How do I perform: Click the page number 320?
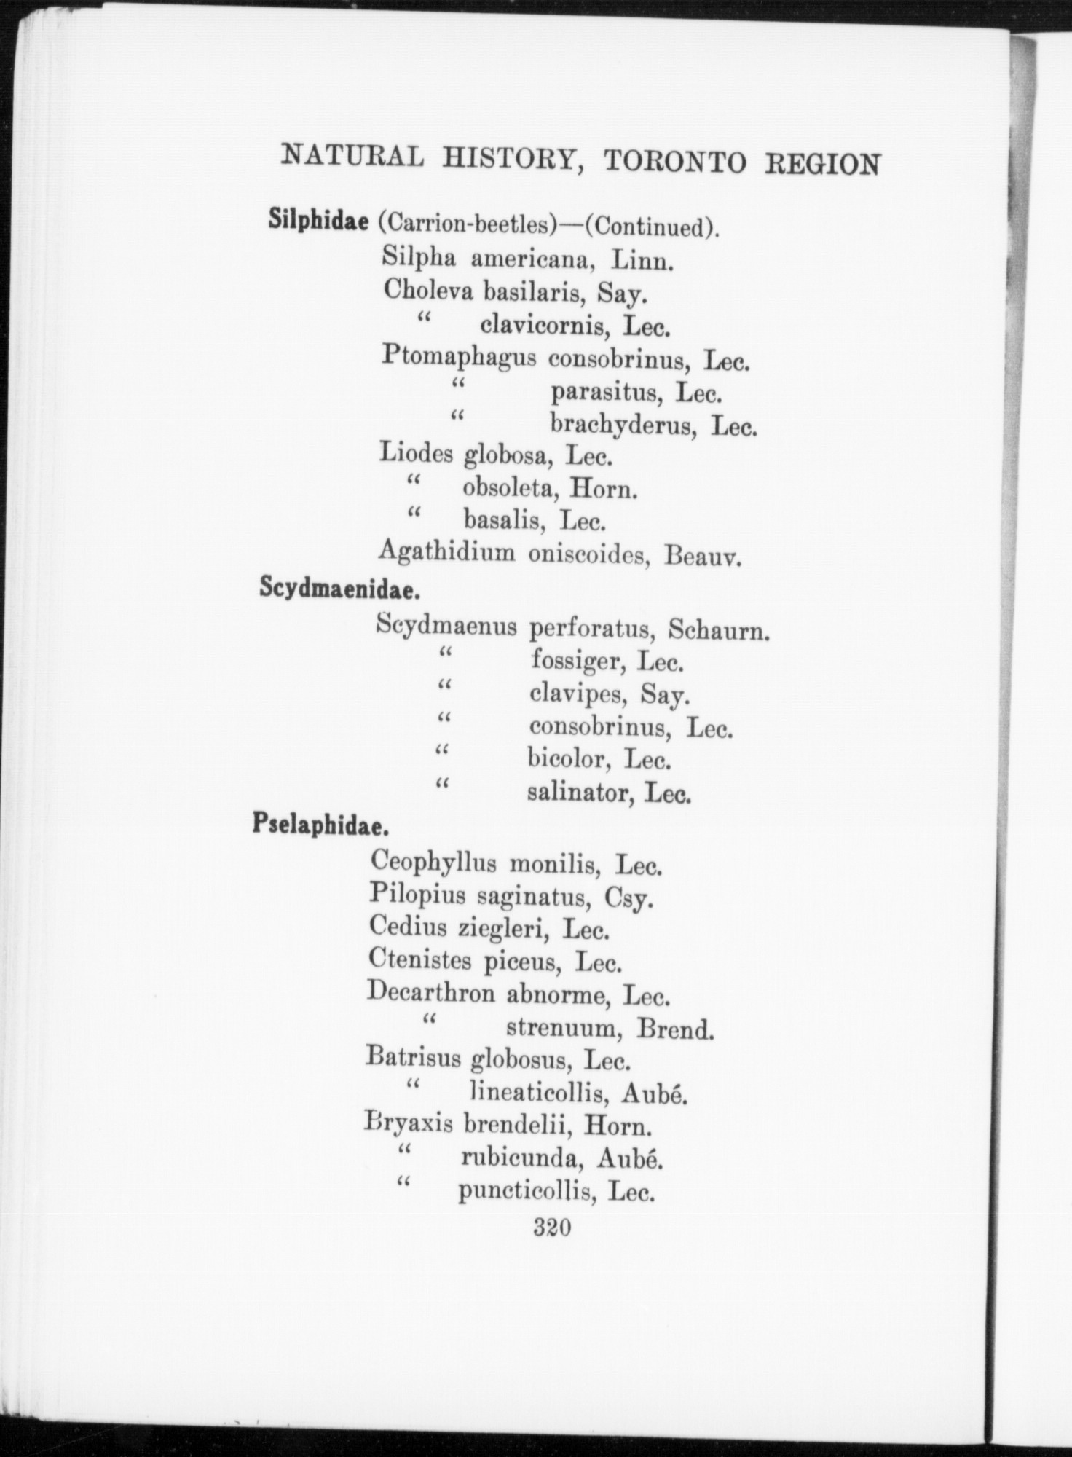[551, 1228]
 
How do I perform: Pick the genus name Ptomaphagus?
[460, 357]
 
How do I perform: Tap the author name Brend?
[675, 1029]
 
